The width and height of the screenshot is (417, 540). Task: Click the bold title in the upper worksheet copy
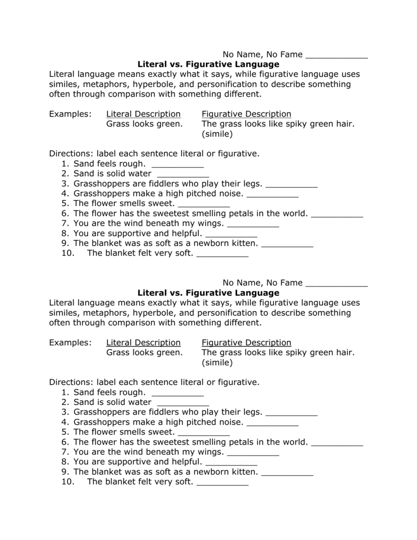pyautogui.click(x=208, y=64)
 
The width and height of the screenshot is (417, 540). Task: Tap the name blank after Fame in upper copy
pyautogui.click(x=336, y=55)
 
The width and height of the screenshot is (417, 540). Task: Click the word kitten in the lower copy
pyautogui.click(x=242, y=472)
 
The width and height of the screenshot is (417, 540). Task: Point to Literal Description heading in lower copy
pyautogui.click(x=143, y=343)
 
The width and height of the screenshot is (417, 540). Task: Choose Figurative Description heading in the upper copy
pyautogui.click(x=246, y=114)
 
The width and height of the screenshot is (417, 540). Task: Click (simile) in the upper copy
pyautogui.click(x=217, y=134)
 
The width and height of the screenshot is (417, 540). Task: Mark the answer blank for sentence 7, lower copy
pyautogui.click(x=253, y=452)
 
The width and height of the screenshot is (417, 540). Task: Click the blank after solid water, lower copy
pyautogui.click(x=183, y=402)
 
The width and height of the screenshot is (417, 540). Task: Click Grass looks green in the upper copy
pyautogui.click(x=144, y=124)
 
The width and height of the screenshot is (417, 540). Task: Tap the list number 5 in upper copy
pyautogui.click(x=66, y=204)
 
